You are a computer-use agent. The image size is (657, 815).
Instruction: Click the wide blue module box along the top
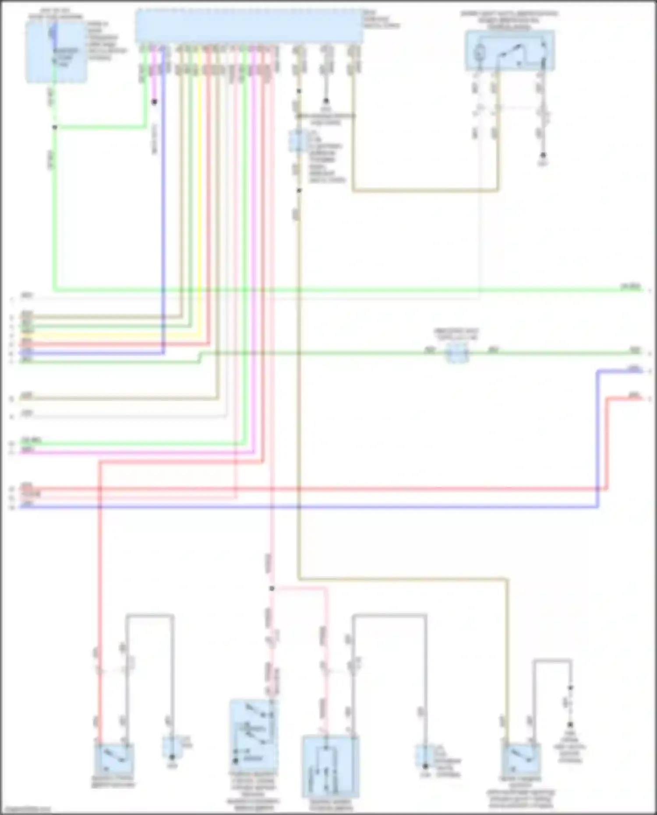pos(249,26)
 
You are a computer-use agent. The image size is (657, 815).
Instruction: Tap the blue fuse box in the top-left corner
pos(56,52)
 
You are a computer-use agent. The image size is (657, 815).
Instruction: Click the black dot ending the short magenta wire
pos(154,102)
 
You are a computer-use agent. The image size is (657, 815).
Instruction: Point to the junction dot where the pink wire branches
pos(272,588)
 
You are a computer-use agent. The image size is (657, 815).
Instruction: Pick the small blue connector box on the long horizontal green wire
pos(457,353)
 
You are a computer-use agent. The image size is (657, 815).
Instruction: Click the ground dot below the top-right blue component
pos(543,155)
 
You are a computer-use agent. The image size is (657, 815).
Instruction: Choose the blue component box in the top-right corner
pos(510,50)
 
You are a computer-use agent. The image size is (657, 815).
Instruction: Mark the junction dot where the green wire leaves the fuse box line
pos(55,127)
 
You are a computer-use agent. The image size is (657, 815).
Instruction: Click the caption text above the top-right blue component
pos(509,20)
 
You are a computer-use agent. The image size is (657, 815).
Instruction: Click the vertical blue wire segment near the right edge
pos(597,438)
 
